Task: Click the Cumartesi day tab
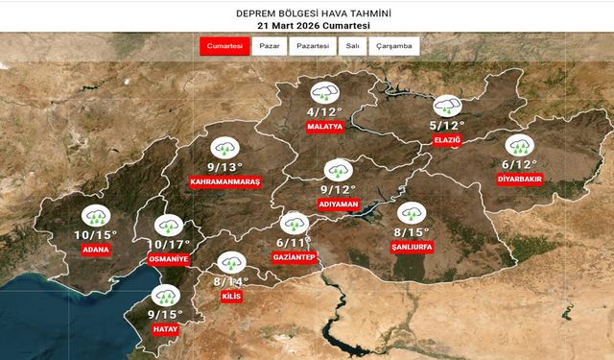[x=224, y=46]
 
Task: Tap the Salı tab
[x=352, y=46]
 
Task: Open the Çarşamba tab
[x=393, y=46]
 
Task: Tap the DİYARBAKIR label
[x=520, y=178]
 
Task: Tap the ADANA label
[x=96, y=251]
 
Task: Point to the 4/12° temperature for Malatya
[x=324, y=111]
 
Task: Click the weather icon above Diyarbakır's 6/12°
[x=520, y=146]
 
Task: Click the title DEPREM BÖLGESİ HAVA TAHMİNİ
[x=306, y=12]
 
